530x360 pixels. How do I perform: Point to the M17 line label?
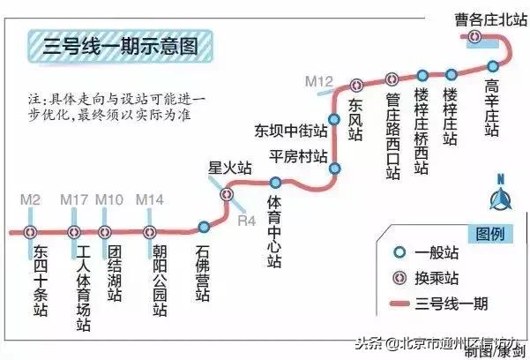tap(74, 200)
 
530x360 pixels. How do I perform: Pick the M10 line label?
tap(110, 200)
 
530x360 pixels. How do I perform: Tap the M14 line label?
tap(150, 200)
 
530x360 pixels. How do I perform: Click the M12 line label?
tap(318, 81)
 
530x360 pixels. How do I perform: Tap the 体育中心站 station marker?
tap(274, 184)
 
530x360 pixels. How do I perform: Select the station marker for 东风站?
tap(356, 86)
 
